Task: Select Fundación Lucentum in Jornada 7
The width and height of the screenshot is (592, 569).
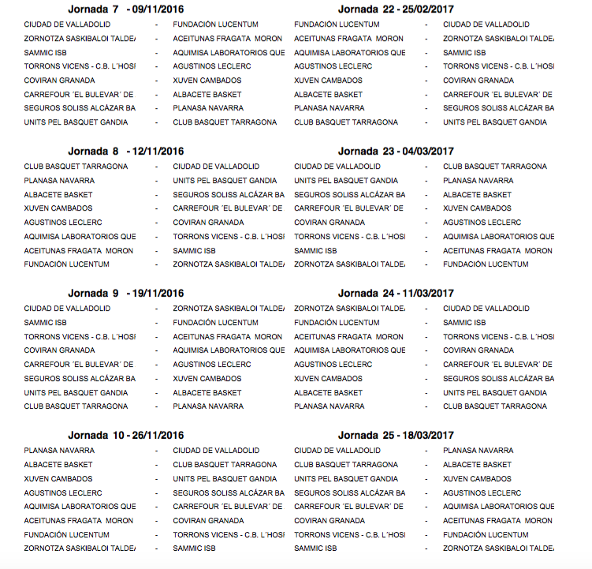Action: (x=215, y=24)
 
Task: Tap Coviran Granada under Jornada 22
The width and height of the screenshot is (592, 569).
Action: (x=478, y=80)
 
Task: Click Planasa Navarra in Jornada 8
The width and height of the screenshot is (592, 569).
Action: (x=59, y=181)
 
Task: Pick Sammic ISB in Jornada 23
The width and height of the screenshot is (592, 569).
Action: (x=315, y=251)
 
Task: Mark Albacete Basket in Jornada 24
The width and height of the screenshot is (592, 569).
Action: (x=328, y=393)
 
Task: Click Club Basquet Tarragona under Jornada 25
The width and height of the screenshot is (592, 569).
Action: (x=345, y=465)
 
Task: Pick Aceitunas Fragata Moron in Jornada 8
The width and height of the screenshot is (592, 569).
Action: (x=78, y=251)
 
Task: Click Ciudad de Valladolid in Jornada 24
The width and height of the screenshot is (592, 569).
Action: (x=486, y=309)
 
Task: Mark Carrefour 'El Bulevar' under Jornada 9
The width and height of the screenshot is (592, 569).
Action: (x=78, y=365)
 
